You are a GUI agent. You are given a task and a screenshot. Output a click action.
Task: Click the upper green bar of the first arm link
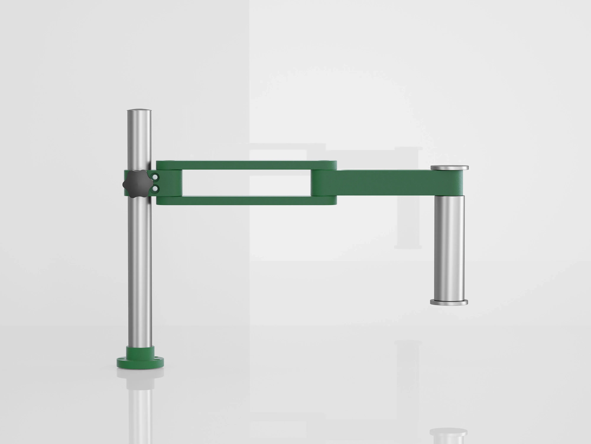click(x=246, y=165)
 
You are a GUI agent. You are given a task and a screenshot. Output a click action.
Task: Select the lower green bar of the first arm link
click(x=246, y=200)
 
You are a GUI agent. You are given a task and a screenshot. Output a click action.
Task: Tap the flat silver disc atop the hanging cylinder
click(x=449, y=168)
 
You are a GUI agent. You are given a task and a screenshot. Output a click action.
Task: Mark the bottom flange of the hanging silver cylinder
click(x=449, y=302)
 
